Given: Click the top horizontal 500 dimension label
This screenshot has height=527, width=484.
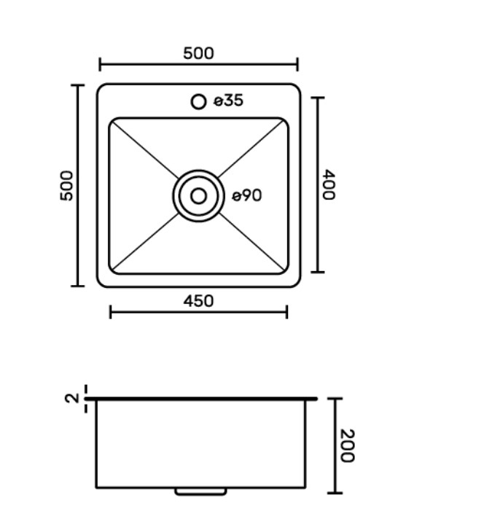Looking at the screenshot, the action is (198, 53).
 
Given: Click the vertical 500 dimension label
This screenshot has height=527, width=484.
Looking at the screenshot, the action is (66, 186).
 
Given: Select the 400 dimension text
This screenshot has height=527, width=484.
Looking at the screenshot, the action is (329, 184).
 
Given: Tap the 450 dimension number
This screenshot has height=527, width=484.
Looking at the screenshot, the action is (198, 301).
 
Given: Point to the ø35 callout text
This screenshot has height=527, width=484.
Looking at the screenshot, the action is (229, 101).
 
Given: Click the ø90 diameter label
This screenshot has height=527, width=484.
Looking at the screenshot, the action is (247, 195).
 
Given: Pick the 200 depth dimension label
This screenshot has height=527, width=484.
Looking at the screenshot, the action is (347, 445).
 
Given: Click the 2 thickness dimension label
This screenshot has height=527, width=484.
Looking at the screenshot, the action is (71, 398).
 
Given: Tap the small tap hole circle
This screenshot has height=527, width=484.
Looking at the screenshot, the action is (198, 101).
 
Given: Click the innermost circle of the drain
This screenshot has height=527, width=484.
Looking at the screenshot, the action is (198, 188).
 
